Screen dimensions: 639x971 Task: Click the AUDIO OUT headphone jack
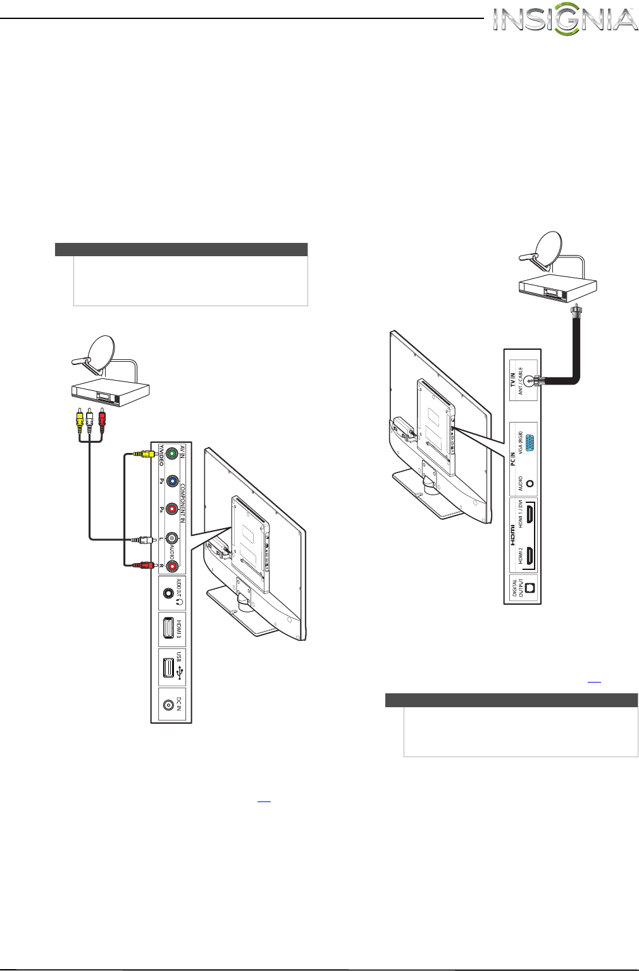[168, 593]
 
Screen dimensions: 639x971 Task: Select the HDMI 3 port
[168, 629]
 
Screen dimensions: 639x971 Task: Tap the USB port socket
[168, 668]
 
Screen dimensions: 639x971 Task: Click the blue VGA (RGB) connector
[530, 445]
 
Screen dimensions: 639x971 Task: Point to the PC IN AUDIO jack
[530, 484]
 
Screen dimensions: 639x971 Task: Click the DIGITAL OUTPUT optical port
[530, 588]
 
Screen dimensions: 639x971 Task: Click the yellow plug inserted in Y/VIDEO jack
[145, 454]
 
